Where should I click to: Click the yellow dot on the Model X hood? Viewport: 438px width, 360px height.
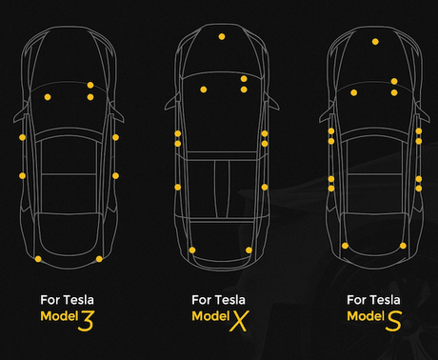click(222, 37)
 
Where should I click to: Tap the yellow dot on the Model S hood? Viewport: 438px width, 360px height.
click(375, 42)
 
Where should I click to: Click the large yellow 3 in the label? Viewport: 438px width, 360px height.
click(87, 321)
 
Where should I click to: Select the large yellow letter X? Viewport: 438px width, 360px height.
click(239, 321)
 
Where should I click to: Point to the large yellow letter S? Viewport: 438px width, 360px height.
click(393, 321)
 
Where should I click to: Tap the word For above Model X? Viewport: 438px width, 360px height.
click(201, 300)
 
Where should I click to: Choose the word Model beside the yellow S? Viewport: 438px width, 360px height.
click(366, 316)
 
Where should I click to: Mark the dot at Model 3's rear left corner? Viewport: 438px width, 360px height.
click(38, 259)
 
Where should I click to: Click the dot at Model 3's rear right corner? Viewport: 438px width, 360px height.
click(99, 259)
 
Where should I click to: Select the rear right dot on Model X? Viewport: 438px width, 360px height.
click(249, 250)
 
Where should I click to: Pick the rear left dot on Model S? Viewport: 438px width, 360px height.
click(345, 246)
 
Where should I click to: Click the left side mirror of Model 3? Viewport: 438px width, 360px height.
click(19, 116)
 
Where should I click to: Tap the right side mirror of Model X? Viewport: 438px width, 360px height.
click(272, 103)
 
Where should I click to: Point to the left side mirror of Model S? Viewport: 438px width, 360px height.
click(326, 116)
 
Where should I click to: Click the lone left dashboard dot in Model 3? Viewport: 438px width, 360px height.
click(48, 97)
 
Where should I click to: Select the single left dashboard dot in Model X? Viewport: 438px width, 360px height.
click(204, 90)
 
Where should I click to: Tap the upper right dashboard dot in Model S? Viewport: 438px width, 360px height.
click(394, 82)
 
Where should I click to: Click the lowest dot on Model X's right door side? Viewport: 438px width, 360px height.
click(265, 188)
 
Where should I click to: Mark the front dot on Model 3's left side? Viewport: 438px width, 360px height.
click(22, 137)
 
